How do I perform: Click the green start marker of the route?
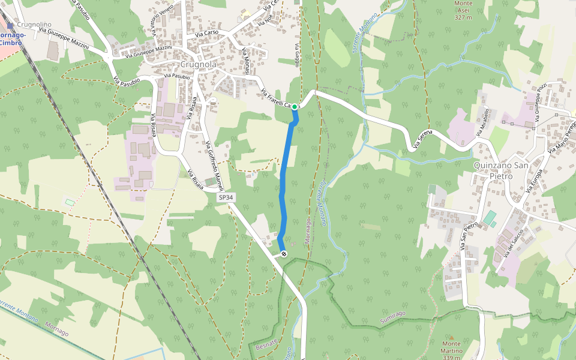[x=295, y=106]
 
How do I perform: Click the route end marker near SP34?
[x=284, y=254]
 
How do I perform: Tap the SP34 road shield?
[x=225, y=197]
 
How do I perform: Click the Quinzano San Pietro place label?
[x=501, y=170]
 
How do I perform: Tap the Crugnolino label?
[x=34, y=25]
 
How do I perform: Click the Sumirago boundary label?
[x=393, y=317]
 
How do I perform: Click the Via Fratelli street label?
[x=276, y=99]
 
